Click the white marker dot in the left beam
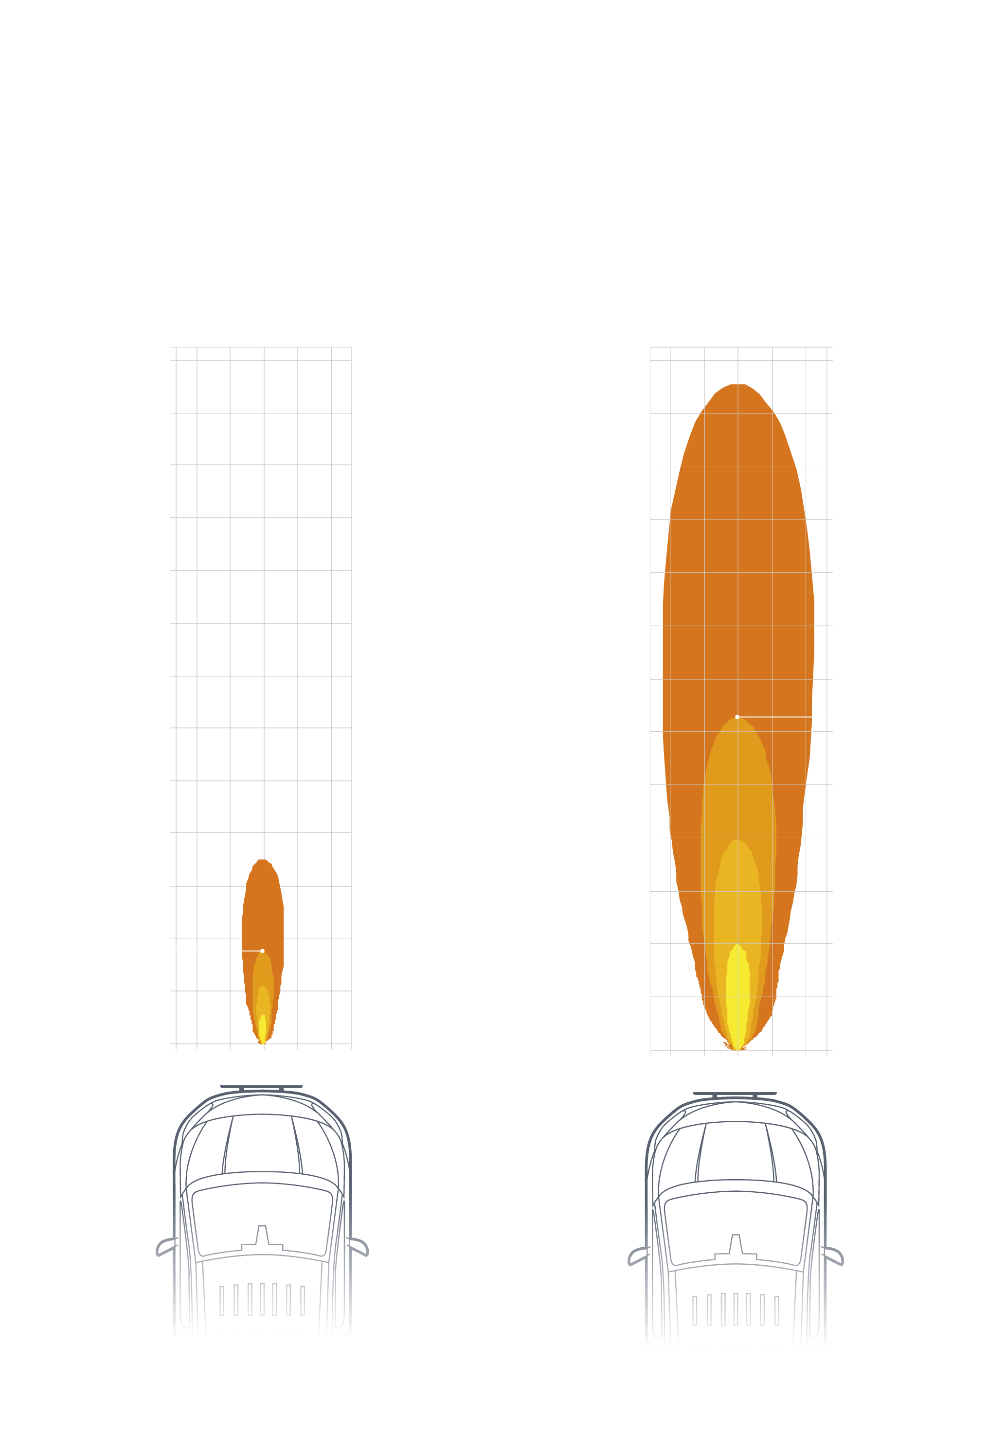click(262, 951)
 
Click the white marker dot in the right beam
click(737, 717)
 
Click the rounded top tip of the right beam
click(737, 386)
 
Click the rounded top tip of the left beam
click(262, 861)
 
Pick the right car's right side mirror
click(833, 1255)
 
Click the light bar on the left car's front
click(261, 1086)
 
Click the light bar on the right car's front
click(735, 1093)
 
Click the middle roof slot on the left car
click(262, 1299)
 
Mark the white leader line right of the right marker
click(782, 717)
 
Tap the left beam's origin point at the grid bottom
click(264, 1044)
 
